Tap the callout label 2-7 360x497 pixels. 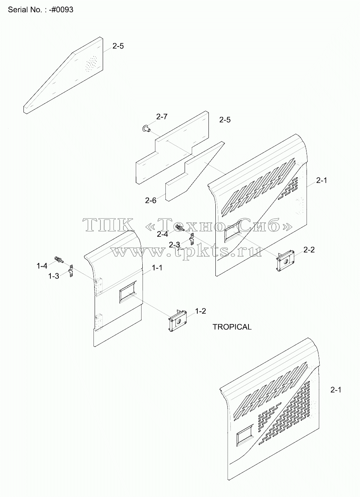(162, 116)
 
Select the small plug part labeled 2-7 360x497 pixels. (146, 128)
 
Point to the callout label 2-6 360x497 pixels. (151, 201)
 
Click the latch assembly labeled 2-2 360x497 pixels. (285, 260)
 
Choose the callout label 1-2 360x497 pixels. (200, 311)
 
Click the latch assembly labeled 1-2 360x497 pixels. (178, 320)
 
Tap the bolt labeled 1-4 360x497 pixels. (59, 259)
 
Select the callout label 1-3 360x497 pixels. (54, 276)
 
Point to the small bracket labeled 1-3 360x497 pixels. (71, 271)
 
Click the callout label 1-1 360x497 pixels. (157, 268)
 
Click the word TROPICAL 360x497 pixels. (232, 327)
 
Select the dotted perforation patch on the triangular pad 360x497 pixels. (92, 63)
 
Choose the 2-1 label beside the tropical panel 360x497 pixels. (336, 390)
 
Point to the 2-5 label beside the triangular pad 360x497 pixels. (118, 46)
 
